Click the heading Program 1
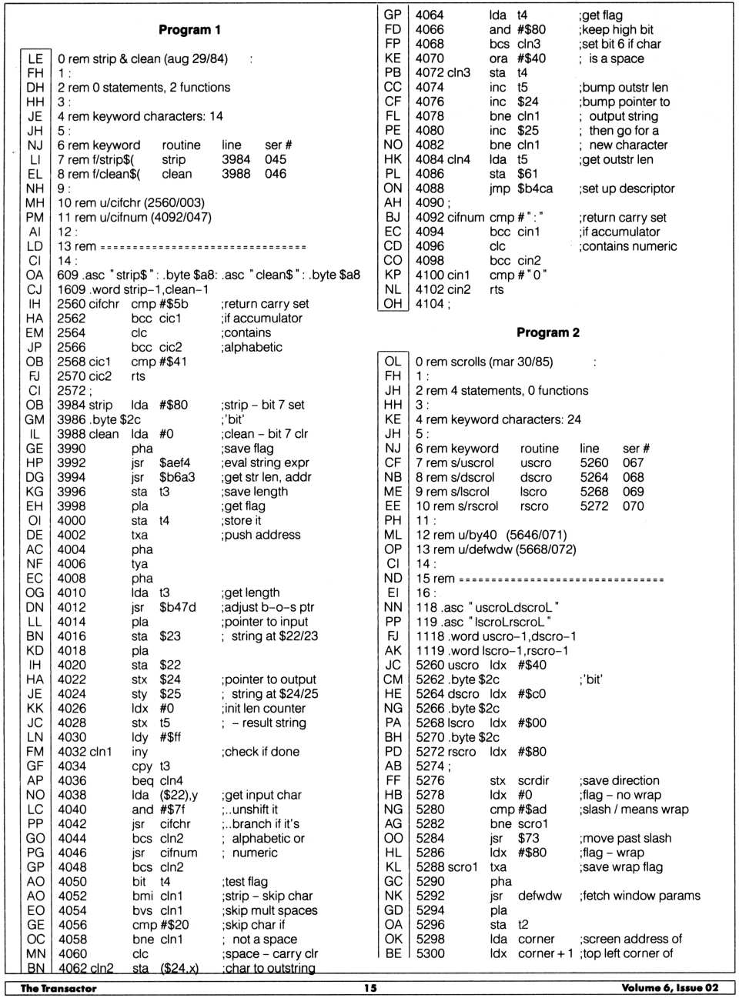click(189, 30)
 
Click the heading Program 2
click(547, 332)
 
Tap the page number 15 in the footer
click(370, 988)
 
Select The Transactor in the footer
click(59, 988)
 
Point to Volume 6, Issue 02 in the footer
click(670, 988)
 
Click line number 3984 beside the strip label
click(72, 405)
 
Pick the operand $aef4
click(175, 462)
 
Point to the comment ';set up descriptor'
click(627, 189)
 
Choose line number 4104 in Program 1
click(430, 304)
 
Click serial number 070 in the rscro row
click(633, 506)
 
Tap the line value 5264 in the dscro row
click(594, 477)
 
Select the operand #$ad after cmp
click(530, 809)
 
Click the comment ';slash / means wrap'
click(634, 809)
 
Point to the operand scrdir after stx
click(533, 780)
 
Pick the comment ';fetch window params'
click(640, 896)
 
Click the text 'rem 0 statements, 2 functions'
click(149, 88)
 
